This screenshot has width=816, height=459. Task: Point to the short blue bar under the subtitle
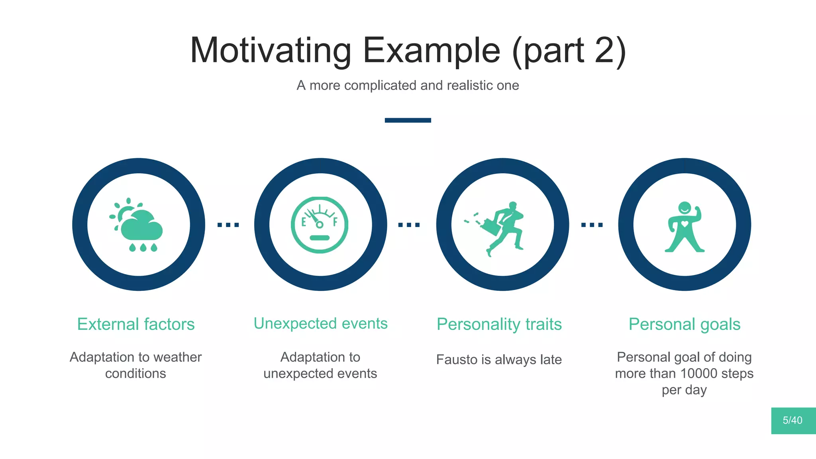click(x=408, y=120)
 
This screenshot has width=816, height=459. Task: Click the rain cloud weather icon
click(x=138, y=226)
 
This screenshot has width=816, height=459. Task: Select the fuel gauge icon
click(x=320, y=225)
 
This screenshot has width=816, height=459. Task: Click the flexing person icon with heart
click(x=685, y=227)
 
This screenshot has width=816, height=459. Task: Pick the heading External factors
click(x=136, y=324)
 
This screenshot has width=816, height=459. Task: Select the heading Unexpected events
click(x=320, y=324)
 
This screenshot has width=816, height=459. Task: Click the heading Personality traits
click(x=499, y=324)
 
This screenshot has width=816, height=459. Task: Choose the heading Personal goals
click(x=685, y=324)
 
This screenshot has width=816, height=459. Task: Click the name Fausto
click(x=457, y=360)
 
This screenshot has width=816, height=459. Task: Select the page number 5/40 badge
click(x=792, y=420)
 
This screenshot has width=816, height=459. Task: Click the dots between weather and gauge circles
click(x=228, y=225)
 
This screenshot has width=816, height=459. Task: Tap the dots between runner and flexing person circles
click(x=592, y=225)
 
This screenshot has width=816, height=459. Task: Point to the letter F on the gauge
click(x=335, y=222)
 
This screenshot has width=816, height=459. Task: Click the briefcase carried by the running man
click(x=491, y=228)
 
